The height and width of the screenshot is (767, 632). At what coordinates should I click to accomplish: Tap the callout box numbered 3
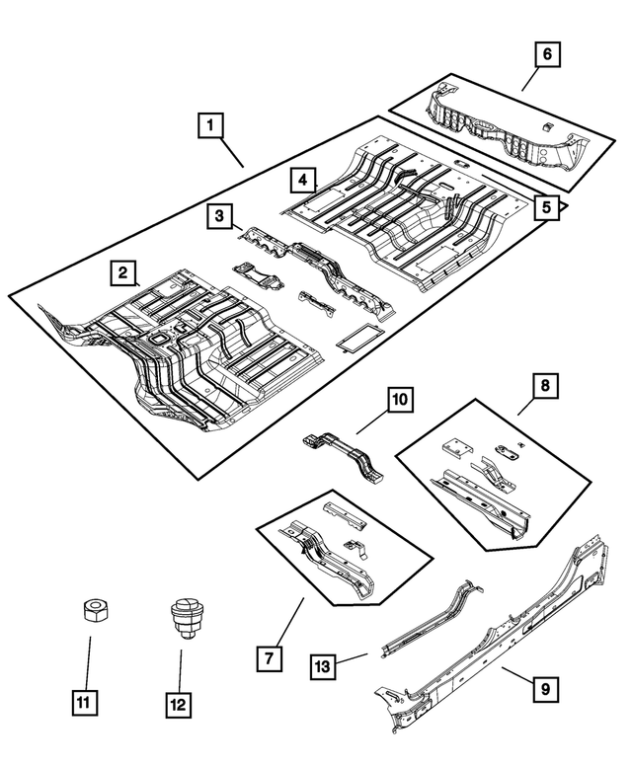(x=220, y=216)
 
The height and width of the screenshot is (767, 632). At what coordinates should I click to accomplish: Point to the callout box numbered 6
(x=547, y=55)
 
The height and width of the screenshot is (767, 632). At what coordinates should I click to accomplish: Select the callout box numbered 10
(x=399, y=400)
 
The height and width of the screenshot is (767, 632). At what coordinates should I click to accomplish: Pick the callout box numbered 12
(x=179, y=705)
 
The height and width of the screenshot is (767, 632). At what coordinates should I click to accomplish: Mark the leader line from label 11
(x=90, y=663)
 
